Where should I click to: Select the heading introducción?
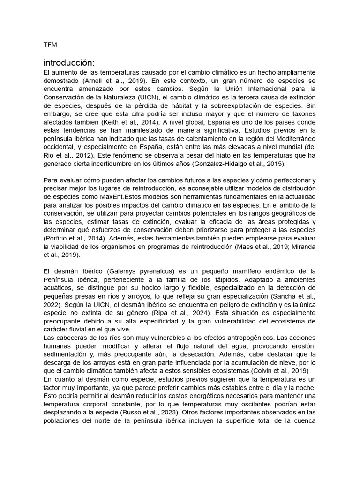coord(69,62)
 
